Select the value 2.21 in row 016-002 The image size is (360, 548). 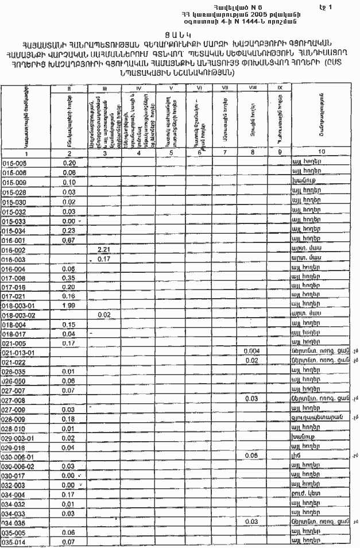(x=104, y=249)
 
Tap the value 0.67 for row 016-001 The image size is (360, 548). (x=69, y=240)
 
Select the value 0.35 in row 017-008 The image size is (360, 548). (x=69, y=277)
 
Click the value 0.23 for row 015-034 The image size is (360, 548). (x=69, y=230)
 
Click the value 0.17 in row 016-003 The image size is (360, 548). (x=104, y=259)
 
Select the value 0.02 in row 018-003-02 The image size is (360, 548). (x=104, y=314)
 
